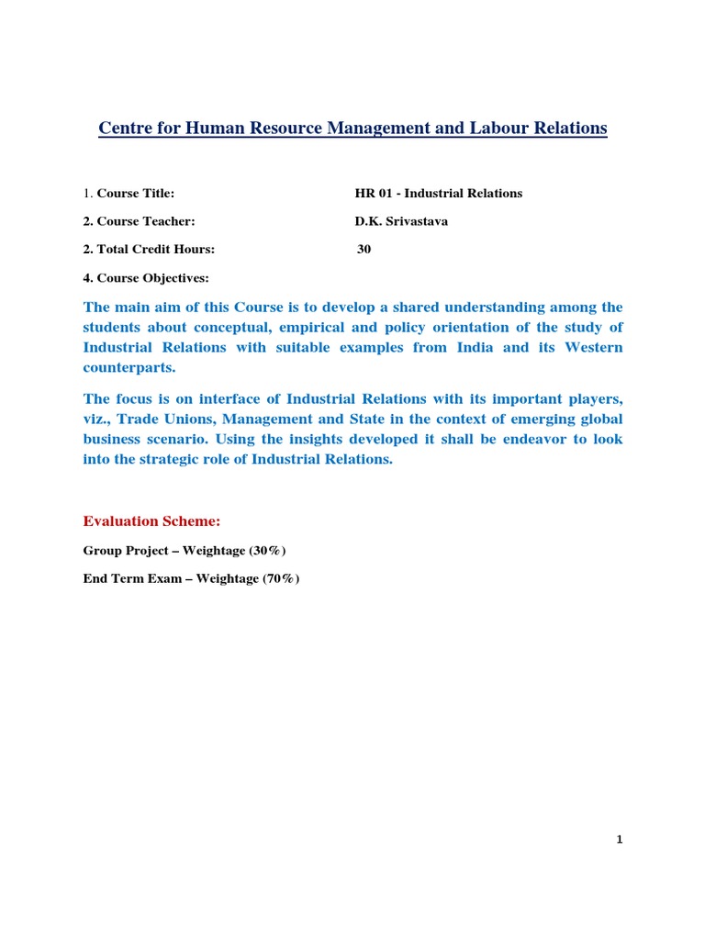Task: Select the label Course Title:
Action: point(136,194)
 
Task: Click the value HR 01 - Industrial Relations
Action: point(438,194)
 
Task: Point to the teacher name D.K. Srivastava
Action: point(401,221)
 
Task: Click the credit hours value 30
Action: point(364,249)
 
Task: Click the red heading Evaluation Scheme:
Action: point(151,521)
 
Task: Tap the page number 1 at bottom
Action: point(620,840)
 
